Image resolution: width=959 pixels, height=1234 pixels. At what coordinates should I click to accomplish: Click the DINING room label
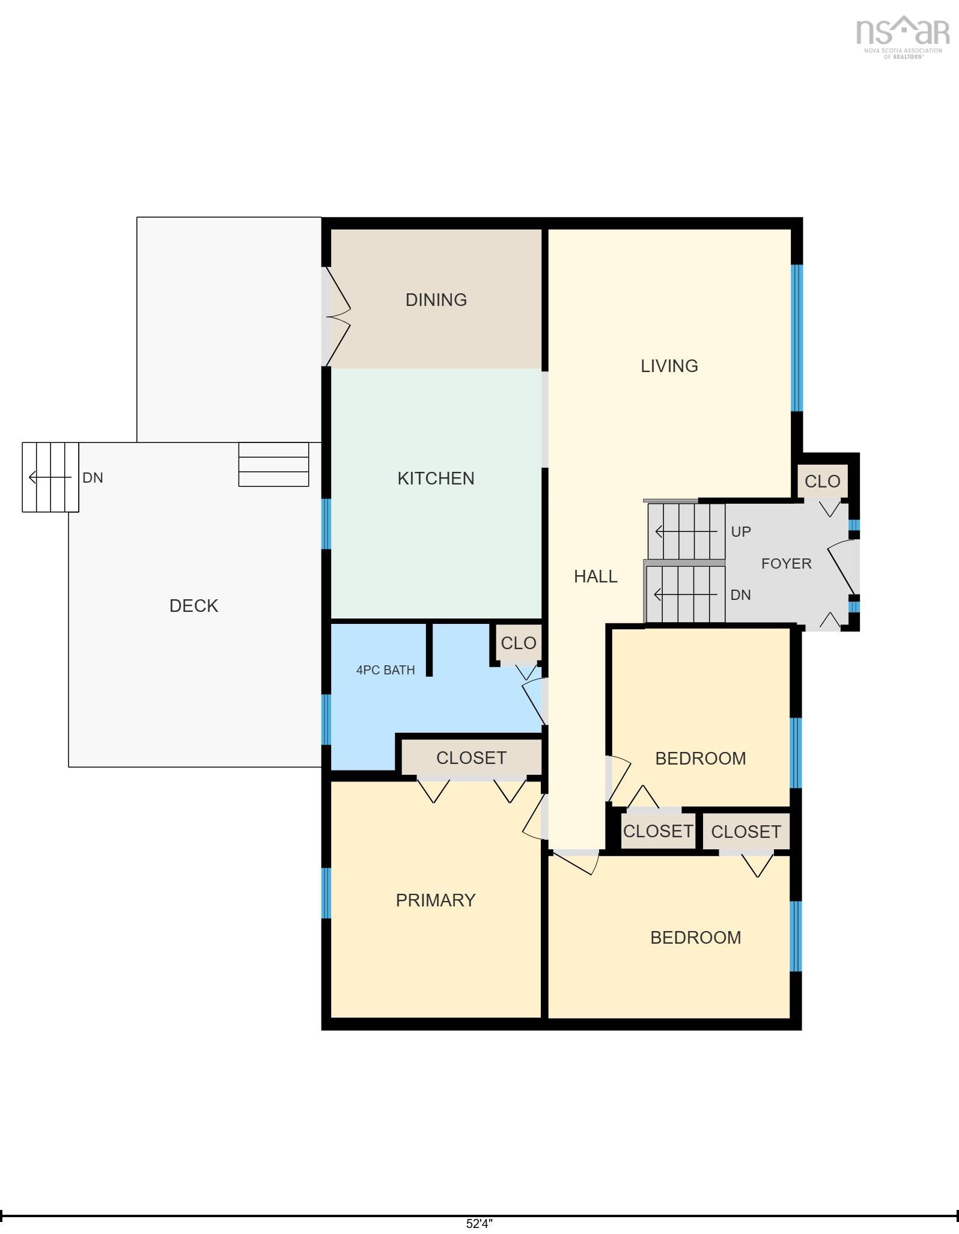(x=436, y=300)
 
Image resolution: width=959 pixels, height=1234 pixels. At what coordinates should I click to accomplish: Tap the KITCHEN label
(x=436, y=478)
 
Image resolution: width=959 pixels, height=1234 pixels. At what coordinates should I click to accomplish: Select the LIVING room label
(x=669, y=366)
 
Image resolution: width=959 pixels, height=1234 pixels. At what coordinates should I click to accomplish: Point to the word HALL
(x=595, y=576)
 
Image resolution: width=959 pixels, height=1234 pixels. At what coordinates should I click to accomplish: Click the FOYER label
(x=787, y=564)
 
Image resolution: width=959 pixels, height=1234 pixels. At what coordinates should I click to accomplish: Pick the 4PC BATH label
(x=386, y=670)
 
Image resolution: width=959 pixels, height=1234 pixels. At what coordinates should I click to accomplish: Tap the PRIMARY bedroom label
(x=436, y=900)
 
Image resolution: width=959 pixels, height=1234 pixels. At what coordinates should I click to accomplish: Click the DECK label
(x=193, y=606)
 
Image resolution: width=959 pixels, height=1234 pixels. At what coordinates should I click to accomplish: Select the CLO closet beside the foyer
(x=823, y=481)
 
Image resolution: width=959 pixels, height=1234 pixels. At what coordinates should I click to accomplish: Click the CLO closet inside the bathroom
(x=519, y=643)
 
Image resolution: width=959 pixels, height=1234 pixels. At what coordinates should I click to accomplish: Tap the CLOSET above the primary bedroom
(x=472, y=758)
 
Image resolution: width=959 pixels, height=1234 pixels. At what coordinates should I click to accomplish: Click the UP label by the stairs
(x=741, y=532)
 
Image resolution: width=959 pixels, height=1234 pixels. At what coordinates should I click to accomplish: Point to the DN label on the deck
(x=93, y=478)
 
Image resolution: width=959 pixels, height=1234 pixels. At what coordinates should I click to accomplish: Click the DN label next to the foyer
(x=741, y=595)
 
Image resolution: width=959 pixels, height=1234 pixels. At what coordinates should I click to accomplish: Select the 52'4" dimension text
(x=479, y=1224)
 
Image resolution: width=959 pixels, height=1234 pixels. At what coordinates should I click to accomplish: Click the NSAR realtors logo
(x=903, y=37)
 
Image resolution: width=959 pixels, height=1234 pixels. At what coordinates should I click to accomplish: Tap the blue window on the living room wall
(x=797, y=338)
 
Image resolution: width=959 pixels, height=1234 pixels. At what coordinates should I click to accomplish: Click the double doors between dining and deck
(x=336, y=317)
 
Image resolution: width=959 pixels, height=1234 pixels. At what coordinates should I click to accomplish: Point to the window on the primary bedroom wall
(x=326, y=893)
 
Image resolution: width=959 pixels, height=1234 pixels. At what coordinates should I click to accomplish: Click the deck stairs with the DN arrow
(x=50, y=477)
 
